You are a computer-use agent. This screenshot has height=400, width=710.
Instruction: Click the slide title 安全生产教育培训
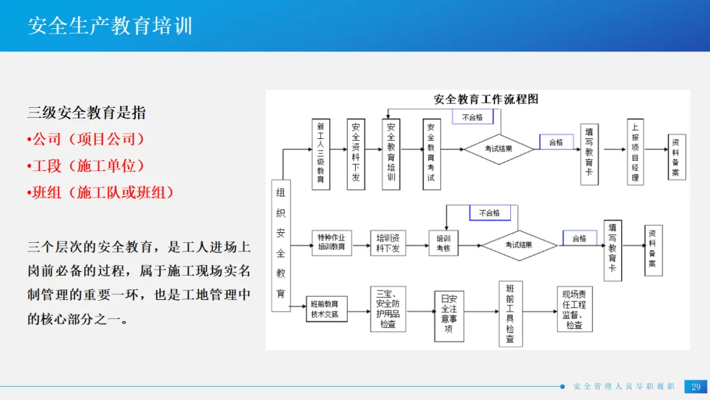pyautogui.click(x=110, y=26)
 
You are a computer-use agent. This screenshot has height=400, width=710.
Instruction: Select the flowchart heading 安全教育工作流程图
pyautogui.click(x=486, y=99)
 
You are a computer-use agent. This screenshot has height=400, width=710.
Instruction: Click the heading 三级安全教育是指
pyautogui.click(x=86, y=113)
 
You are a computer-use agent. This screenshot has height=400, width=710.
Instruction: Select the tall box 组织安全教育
pyautogui.click(x=281, y=245)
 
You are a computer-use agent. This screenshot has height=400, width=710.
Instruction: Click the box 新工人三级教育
pyautogui.click(x=321, y=154)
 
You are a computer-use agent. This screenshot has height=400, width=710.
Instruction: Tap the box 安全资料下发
pyautogui.click(x=356, y=154)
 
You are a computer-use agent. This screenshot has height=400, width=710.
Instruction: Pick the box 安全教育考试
pyautogui.click(x=431, y=154)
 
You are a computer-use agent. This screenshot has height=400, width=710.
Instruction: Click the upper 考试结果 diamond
pyautogui.click(x=498, y=149)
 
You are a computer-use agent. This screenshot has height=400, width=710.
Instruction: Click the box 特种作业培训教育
pyautogui.click(x=331, y=242)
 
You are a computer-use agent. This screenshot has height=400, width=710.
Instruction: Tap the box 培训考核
pyautogui.click(x=444, y=242)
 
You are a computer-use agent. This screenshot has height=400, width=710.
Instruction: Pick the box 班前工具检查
pyautogui.click(x=510, y=314)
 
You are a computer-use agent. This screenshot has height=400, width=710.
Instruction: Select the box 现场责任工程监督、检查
pyautogui.click(x=575, y=309)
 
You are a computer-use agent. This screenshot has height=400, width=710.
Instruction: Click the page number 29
pyautogui.click(x=696, y=387)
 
